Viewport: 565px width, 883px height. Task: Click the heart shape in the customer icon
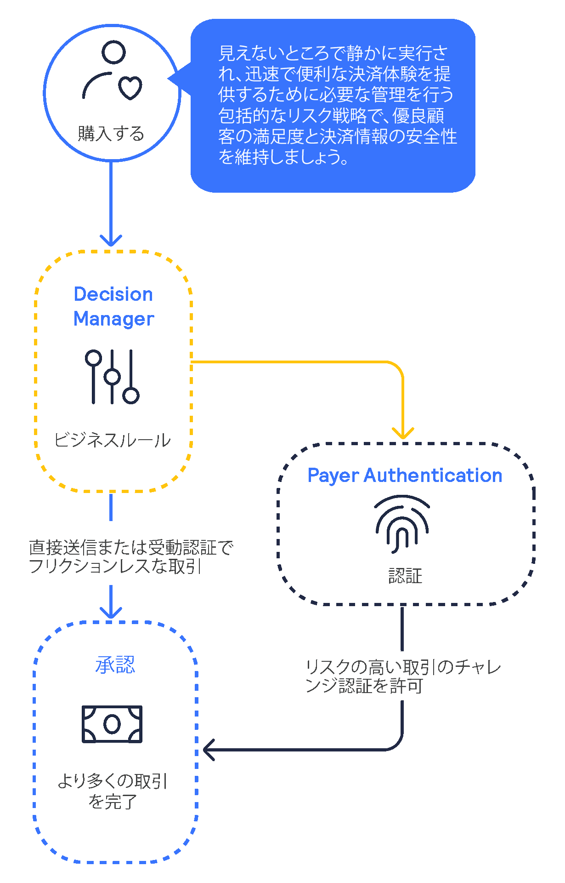click(x=130, y=87)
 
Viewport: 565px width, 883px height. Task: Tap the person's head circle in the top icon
click(x=113, y=52)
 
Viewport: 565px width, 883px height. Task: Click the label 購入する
click(x=111, y=134)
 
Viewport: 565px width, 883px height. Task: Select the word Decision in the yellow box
click(x=113, y=294)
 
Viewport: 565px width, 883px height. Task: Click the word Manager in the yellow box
click(x=113, y=319)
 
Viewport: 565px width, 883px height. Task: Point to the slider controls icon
click(x=112, y=377)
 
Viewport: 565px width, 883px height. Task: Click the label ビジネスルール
click(x=112, y=440)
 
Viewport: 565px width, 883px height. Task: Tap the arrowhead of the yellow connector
click(x=403, y=434)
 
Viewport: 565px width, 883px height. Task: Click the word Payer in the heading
click(x=333, y=476)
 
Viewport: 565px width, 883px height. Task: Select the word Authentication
click(x=433, y=476)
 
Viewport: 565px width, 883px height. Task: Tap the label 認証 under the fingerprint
click(x=405, y=576)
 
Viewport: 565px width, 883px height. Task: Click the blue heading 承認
click(x=115, y=665)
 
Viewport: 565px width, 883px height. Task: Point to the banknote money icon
click(x=112, y=724)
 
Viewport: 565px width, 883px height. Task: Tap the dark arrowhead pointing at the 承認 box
click(x=208, y=750)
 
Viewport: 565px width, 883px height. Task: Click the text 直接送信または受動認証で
click(x=131, y=548)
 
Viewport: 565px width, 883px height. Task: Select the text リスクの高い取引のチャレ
click(x=403, y=667)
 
